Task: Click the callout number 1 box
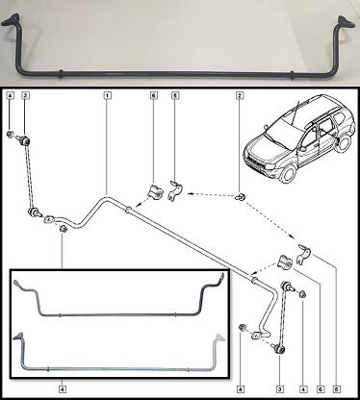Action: click(108, 95)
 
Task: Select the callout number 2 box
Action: click(240, 95)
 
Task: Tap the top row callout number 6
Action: click(154, 95)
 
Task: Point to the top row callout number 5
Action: click(174, 95)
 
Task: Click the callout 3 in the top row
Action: click(26, 95)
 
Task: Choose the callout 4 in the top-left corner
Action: click(11, 95)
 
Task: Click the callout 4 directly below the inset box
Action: click(63, 389)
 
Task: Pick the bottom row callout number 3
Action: click(280, 389)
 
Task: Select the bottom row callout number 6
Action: click(320, 389)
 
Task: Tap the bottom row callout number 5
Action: click(337, 389)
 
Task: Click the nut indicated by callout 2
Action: click(241, 196)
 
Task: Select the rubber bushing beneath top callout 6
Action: click(155, 191)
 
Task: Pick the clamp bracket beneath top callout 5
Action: click(175, 190)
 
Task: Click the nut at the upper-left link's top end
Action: click(11, 134)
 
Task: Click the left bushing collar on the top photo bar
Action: click(60, 73)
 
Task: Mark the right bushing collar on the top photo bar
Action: click(292, 76)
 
